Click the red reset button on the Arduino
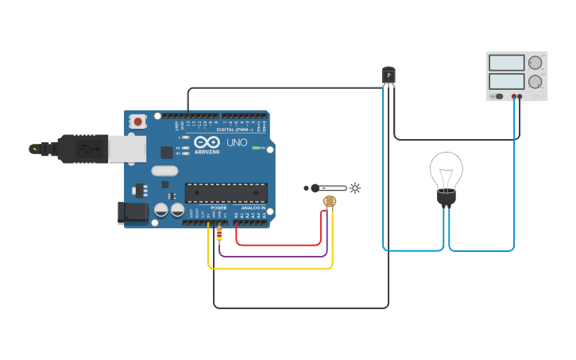(138, 122)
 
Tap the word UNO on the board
(238, 143)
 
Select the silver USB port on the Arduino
(126, 149)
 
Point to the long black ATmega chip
(226, 192)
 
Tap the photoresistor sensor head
(329, 202)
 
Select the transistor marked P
(389, 75)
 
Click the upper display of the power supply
(506, 63)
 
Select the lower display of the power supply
(506, 81)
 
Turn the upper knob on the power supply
(535, 63)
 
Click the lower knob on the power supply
(535, 81)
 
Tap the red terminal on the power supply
(514, 96)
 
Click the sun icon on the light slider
(354, 188)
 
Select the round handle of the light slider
(315, 188)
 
